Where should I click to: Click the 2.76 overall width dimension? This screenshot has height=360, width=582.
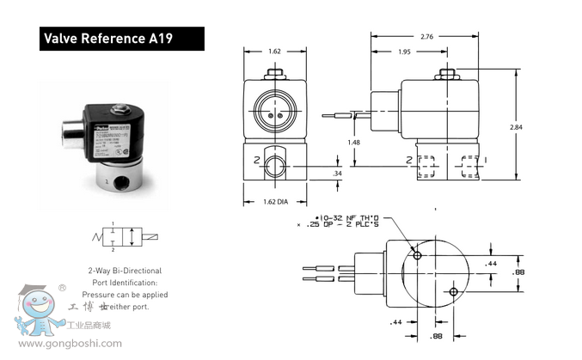(428, 36)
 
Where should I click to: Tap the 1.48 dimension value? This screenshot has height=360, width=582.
(353, 142)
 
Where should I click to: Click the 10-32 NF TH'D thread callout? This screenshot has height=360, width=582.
(350, 218)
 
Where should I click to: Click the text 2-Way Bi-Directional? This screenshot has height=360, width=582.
(125, 271)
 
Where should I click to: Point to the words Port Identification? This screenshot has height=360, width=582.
(125, 283)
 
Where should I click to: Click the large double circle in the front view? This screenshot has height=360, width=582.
(273, 111)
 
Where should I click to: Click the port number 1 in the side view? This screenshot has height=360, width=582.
(487, 161)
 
